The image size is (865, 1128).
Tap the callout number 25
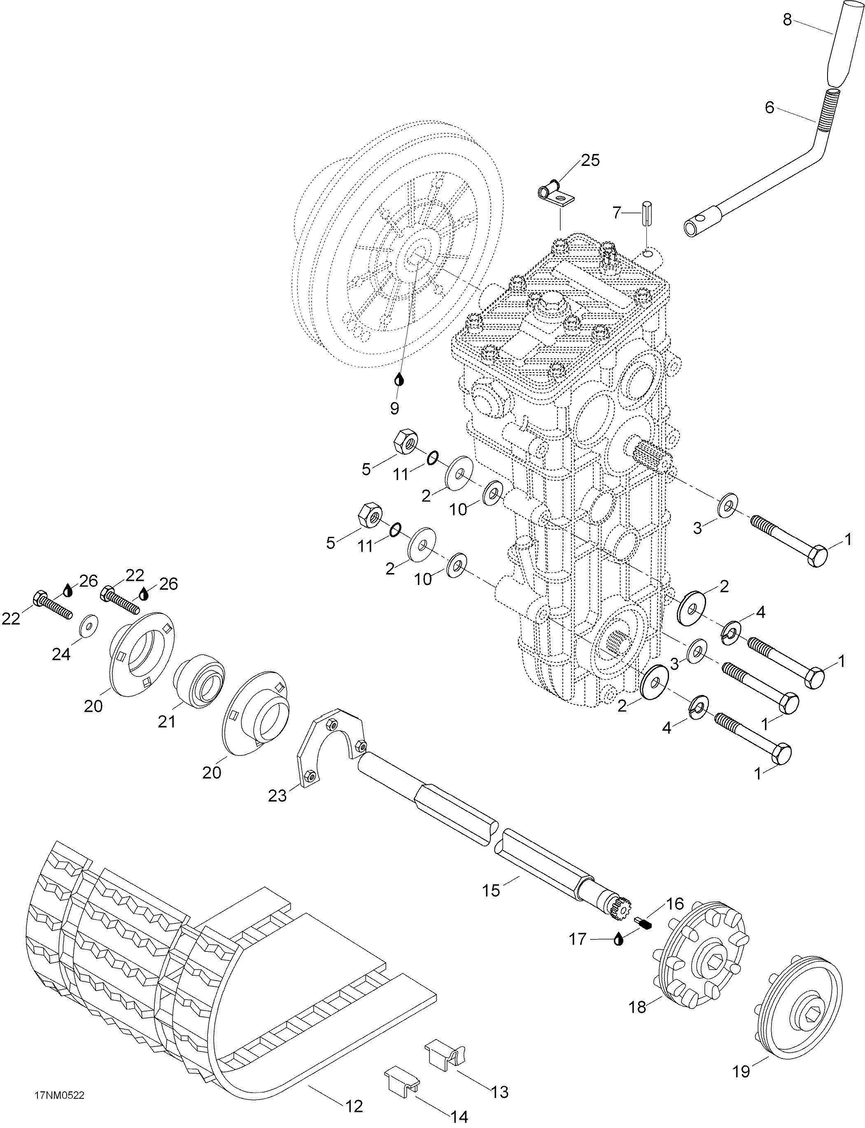(x=590, y=161)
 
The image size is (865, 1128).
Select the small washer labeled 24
(x=89, y=625)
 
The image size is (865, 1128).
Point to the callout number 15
(x=491, y=890)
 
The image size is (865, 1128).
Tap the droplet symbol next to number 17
(x=618, y=939)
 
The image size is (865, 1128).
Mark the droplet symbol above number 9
(x=399, y=380)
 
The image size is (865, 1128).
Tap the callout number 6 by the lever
(x=769, y=107)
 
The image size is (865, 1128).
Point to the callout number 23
(x=277, y=795)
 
